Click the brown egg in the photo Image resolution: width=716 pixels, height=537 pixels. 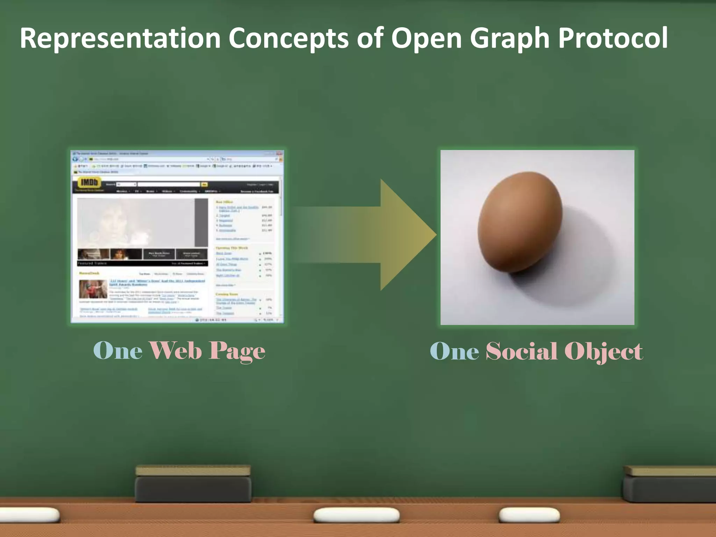pos(520,222)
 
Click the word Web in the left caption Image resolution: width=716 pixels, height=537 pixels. pos(176,351)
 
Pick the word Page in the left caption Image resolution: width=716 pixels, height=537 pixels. pos(237,351)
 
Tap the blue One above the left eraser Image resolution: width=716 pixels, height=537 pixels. pos(118,351)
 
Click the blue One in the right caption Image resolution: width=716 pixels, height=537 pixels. pos(454,351)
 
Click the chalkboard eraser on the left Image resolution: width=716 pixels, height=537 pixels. pos(193,484)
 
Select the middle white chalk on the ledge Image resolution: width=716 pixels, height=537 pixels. pos(356,515)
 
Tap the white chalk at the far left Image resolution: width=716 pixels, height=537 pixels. pos(30,515)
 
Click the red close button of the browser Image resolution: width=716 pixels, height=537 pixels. pos(279,153)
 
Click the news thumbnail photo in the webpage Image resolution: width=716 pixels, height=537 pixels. pos(93,289)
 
